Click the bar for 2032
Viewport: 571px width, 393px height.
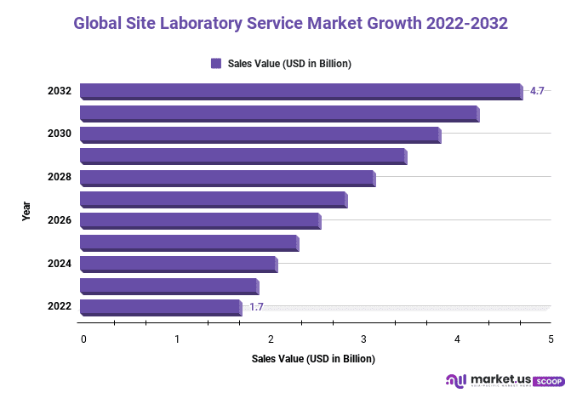pyautogui.click(x=300, y=91)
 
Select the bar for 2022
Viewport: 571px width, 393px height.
pyautogui.click(x=160, y=307)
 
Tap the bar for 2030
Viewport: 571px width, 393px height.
pyautogui.click(x=260, y=134)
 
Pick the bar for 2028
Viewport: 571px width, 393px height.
pyautogui.click(x=226, y=178)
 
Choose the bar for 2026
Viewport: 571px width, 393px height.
pyautogui.click(x=199, y=221)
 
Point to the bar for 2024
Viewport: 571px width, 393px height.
pyautogui.click(x=178, y=264)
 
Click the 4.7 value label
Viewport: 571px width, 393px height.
pyautogui.click(x=537, y=90)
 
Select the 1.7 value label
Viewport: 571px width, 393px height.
pyautogui.click(x=256, y=306)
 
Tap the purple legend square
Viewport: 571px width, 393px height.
pyautogui.click(x=216, y=64)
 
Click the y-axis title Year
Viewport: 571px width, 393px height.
pyautogui.click(x=26, y=211)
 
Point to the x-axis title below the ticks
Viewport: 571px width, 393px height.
pyautogui.click(x=313, y=359)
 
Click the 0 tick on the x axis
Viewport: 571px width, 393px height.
pyautogui.click(x=83, y=339)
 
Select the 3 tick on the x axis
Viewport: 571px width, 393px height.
pyautogui.click(x=363, y=339)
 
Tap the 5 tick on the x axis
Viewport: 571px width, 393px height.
pyautogui.click(x=551, y=339)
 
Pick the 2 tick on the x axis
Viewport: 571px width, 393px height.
pyautogui.click(x=271, y=339)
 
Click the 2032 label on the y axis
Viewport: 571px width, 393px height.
pyautogui.click(x=59, y=91)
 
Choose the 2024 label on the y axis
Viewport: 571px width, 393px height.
pyautogui.click(x=59, y=264)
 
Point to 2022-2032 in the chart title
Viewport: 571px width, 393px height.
pyautogui.click(x=460, y=24)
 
